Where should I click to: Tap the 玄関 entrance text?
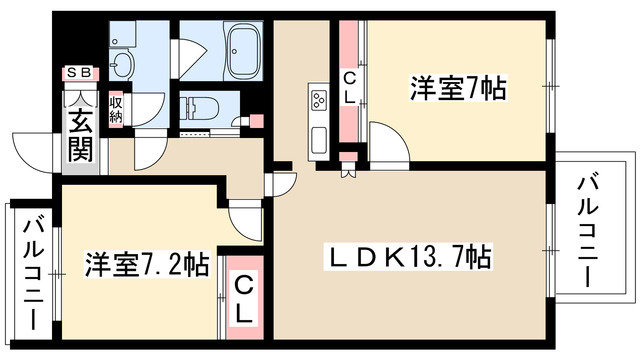[80, 134]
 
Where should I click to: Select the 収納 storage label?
[117, 105]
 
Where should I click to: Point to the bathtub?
[244, 51]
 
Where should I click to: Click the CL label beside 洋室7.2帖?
[243, 297]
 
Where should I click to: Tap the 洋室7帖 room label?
[457, 88]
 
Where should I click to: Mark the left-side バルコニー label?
[30, 274]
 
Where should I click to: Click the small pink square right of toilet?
[256, 122]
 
